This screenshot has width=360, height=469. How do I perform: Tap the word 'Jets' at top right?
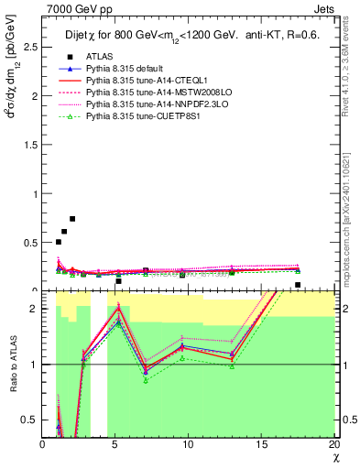tap(324, 7)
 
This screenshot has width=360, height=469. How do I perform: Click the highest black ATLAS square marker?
tap(72, 219)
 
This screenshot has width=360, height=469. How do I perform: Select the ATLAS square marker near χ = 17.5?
tap(298, 285)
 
